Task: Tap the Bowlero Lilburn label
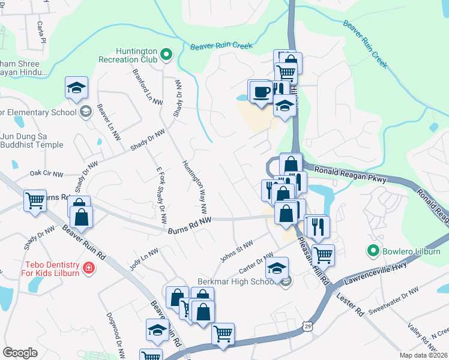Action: [x=406, y=250]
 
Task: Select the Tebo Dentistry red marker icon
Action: [x=88, y=267]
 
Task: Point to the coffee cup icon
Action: [x=260, y=92]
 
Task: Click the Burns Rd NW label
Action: [x=190, y=224]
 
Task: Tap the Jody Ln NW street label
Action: [x=143, y=258]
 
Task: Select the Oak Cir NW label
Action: [x=46, y=174]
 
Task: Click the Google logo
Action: [x=20, y=352]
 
